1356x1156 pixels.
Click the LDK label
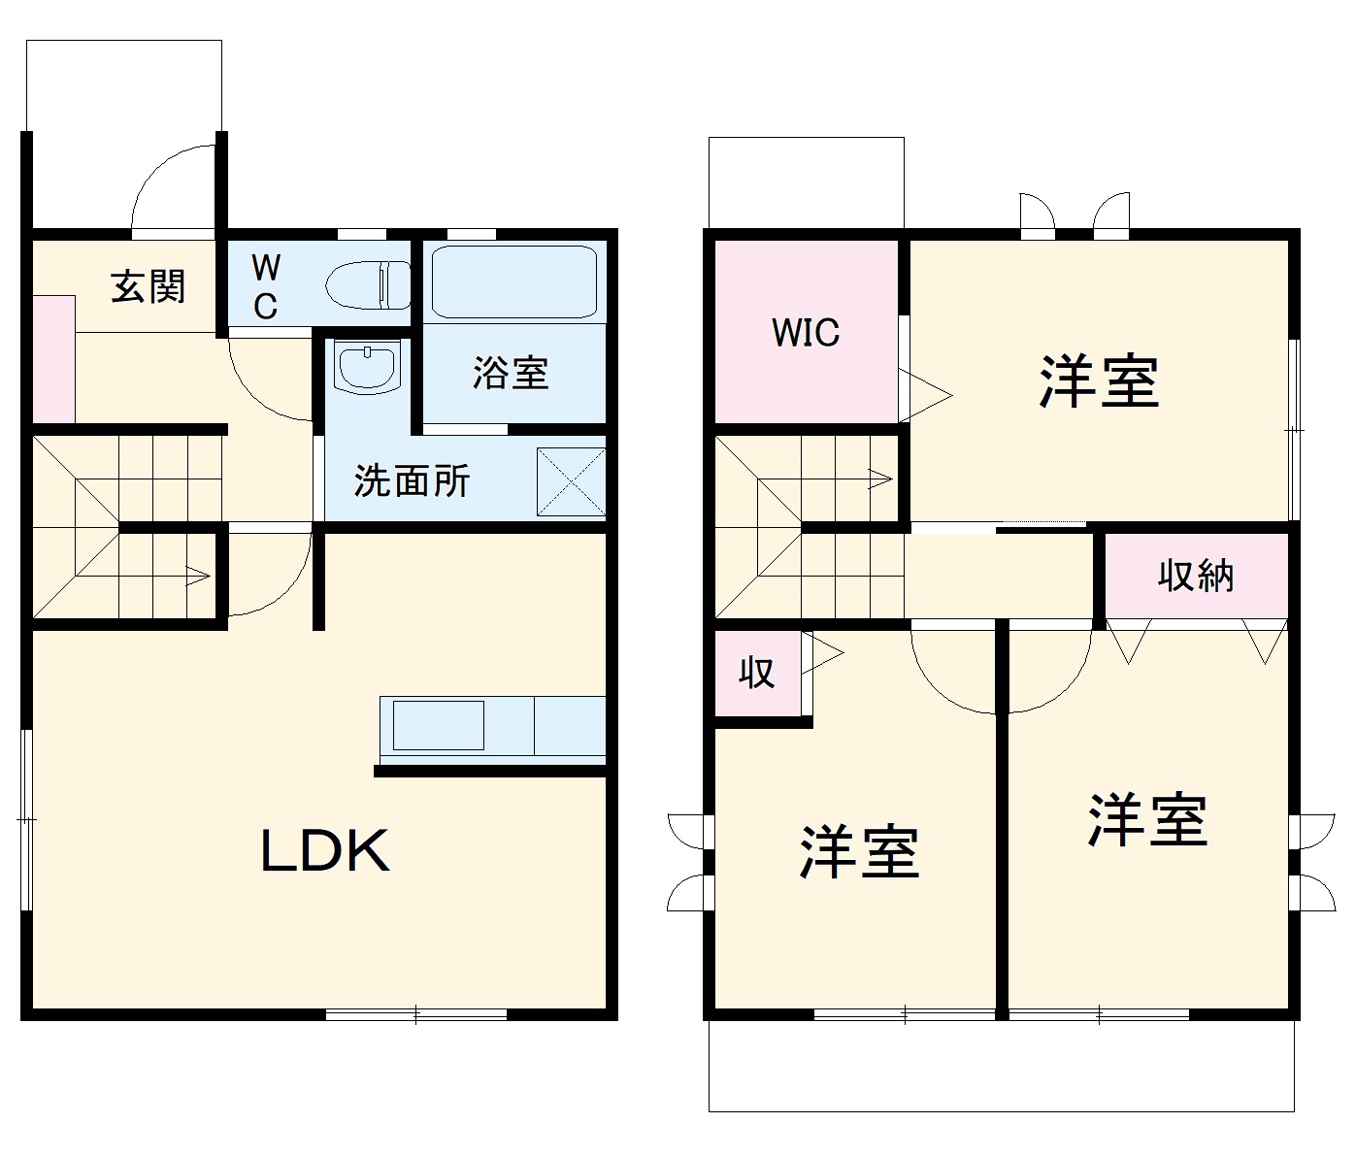325,850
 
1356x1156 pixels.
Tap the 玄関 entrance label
148,286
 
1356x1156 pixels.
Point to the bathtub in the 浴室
513,281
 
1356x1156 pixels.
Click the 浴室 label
511,373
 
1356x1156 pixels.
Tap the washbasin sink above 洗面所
366,365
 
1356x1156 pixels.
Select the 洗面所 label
412,479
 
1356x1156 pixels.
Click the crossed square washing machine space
572,481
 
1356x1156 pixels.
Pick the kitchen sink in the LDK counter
438,724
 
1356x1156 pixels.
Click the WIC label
806,333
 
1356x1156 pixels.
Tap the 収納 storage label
1196,576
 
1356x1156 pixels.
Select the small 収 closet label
757,672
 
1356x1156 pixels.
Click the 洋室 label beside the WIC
1099,380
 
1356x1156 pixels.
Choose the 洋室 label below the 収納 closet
1147,820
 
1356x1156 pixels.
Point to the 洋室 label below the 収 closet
860,852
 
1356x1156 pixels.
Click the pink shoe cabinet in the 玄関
53,359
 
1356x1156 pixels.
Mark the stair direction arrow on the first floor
194,576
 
